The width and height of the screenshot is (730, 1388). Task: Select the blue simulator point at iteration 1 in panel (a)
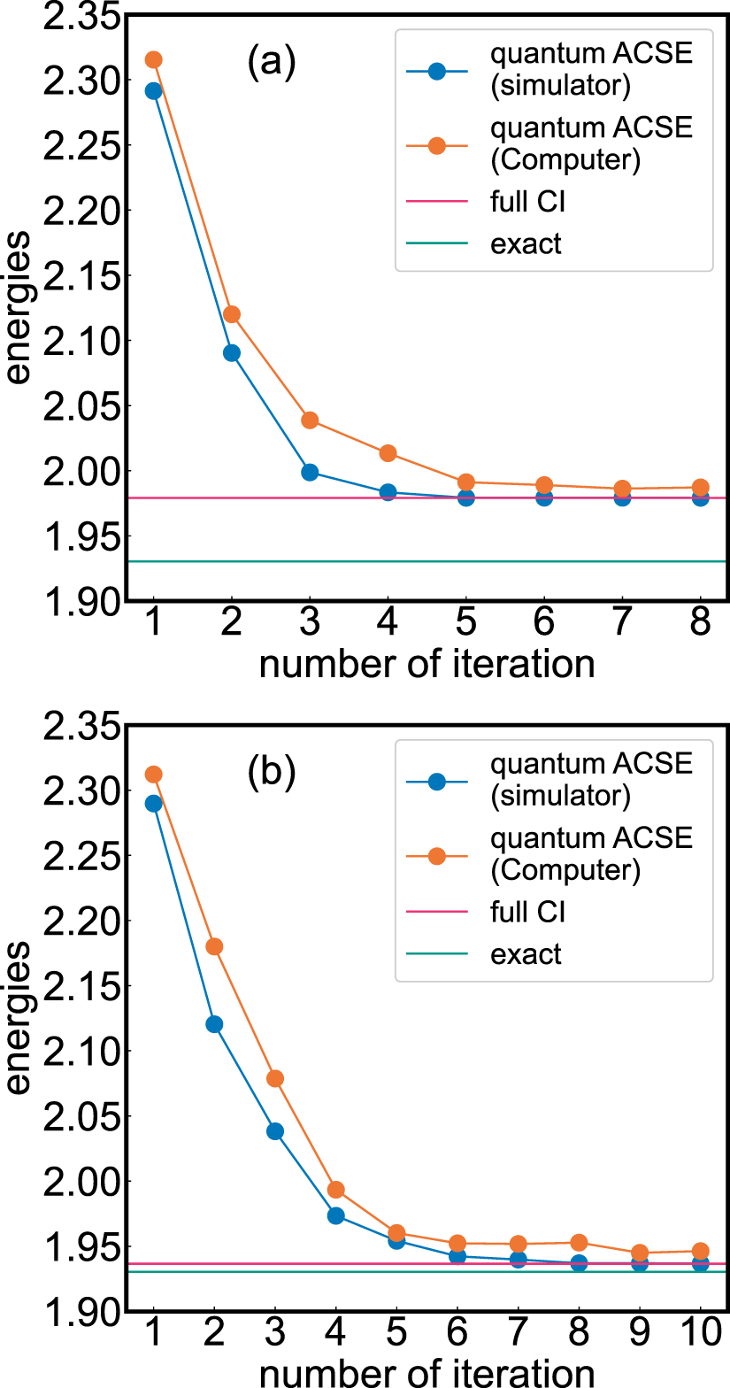pyautogui.click(x=153, y=90)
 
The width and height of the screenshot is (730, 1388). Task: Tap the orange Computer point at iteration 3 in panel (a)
pyautogui.click(x=310, y=420)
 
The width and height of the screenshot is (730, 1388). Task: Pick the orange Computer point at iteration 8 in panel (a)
pyautogui.click(x=700, y=487)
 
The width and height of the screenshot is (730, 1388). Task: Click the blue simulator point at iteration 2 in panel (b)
pyautogui.click(x=214, y=1024)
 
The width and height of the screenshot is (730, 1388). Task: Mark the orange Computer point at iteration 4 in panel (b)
pyautogui.click(x=335, y=1190)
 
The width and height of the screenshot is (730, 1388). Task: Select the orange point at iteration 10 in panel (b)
pyautogui.click(x=700, y=1252)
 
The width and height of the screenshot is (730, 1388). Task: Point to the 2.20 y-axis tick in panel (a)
pyautogui.click(x=77, y=211)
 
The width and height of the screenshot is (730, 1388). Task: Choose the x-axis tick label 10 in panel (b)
pyautogui.click(x=699, y=1334)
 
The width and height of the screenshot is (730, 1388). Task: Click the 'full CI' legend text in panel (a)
pyautogui.click(x=527, y=202)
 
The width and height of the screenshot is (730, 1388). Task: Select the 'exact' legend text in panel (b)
pyautogui.click(x=526, y=954)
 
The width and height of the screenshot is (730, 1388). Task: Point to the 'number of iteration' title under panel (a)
pyautogui.click(x=426, y=663)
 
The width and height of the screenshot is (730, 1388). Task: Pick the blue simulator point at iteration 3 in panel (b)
pyautogui.click(x=275, y=1131)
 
